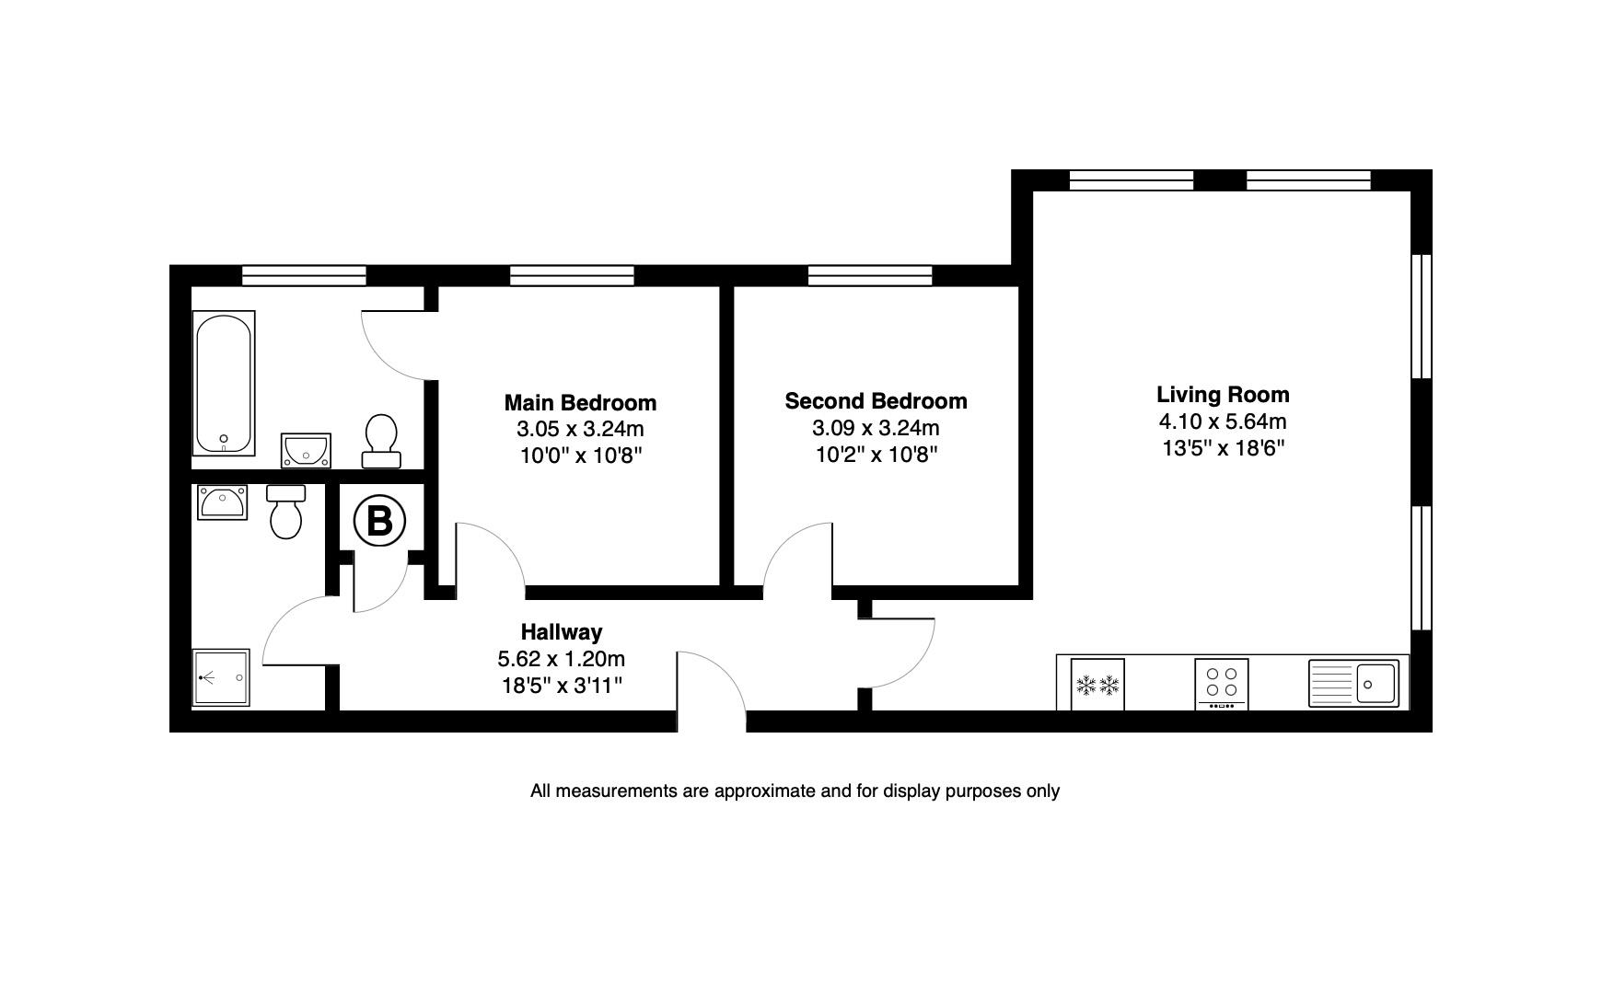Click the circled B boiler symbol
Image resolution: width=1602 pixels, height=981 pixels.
(x=379, y=522)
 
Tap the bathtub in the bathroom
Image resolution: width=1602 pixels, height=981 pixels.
(x=224, y=383)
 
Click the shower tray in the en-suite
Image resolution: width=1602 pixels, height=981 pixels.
(x=221, y=678)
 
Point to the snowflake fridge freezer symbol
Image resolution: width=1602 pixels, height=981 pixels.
(x=1097, y=685)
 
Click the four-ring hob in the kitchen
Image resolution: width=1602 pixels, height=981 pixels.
(x=1222, y=683)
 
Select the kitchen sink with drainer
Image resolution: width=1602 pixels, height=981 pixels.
(x=1352, y=683)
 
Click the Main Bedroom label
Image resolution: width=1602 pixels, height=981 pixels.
(x=580, y=403)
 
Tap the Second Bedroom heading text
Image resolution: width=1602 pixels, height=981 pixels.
(x=876, y=401)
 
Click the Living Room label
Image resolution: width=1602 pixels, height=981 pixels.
(x=1222, y=395)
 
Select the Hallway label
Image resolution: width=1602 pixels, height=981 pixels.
(x=562, y=632)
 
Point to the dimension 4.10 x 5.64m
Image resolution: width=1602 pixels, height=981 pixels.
(x=1222, y=421)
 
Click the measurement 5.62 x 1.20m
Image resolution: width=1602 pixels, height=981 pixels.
(x=562, y=659)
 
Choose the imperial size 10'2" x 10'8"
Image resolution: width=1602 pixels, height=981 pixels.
(x=876, y=455)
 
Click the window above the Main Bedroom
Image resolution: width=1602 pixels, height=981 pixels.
(x=572, y=274)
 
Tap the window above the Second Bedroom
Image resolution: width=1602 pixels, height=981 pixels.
(x=870, y=274)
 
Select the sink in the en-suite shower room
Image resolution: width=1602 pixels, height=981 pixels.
(x=222, y=502)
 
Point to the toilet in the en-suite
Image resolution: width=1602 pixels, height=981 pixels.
(x=286, y=512)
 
